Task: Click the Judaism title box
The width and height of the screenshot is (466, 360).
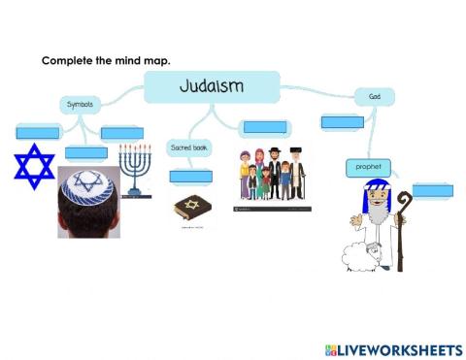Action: (x=212, y=86)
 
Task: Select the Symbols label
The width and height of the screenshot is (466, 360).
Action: (x=80, y=104)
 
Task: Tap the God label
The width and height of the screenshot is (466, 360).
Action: (x=374, y=96)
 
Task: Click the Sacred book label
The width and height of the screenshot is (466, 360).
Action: (x=190, y=147)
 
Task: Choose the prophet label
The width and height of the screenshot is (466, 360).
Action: (x=367, y=168)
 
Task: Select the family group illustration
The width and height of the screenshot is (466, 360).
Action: (x=271, y=174)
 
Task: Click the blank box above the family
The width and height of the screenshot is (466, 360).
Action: (x=264, y=126)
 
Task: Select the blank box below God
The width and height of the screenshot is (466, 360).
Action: (x=342, y=122)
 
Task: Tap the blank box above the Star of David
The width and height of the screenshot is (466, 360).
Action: (x=38, y=132)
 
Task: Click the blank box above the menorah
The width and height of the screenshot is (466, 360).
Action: (x=121, y=132)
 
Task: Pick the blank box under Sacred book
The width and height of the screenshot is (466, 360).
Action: (x=190, y=176)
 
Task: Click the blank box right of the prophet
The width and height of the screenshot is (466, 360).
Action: (x=432, y=190)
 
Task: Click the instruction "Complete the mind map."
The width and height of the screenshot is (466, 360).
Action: (x=106, y=60)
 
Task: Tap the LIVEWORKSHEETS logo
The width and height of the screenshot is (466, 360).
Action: (x=393, y=347)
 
